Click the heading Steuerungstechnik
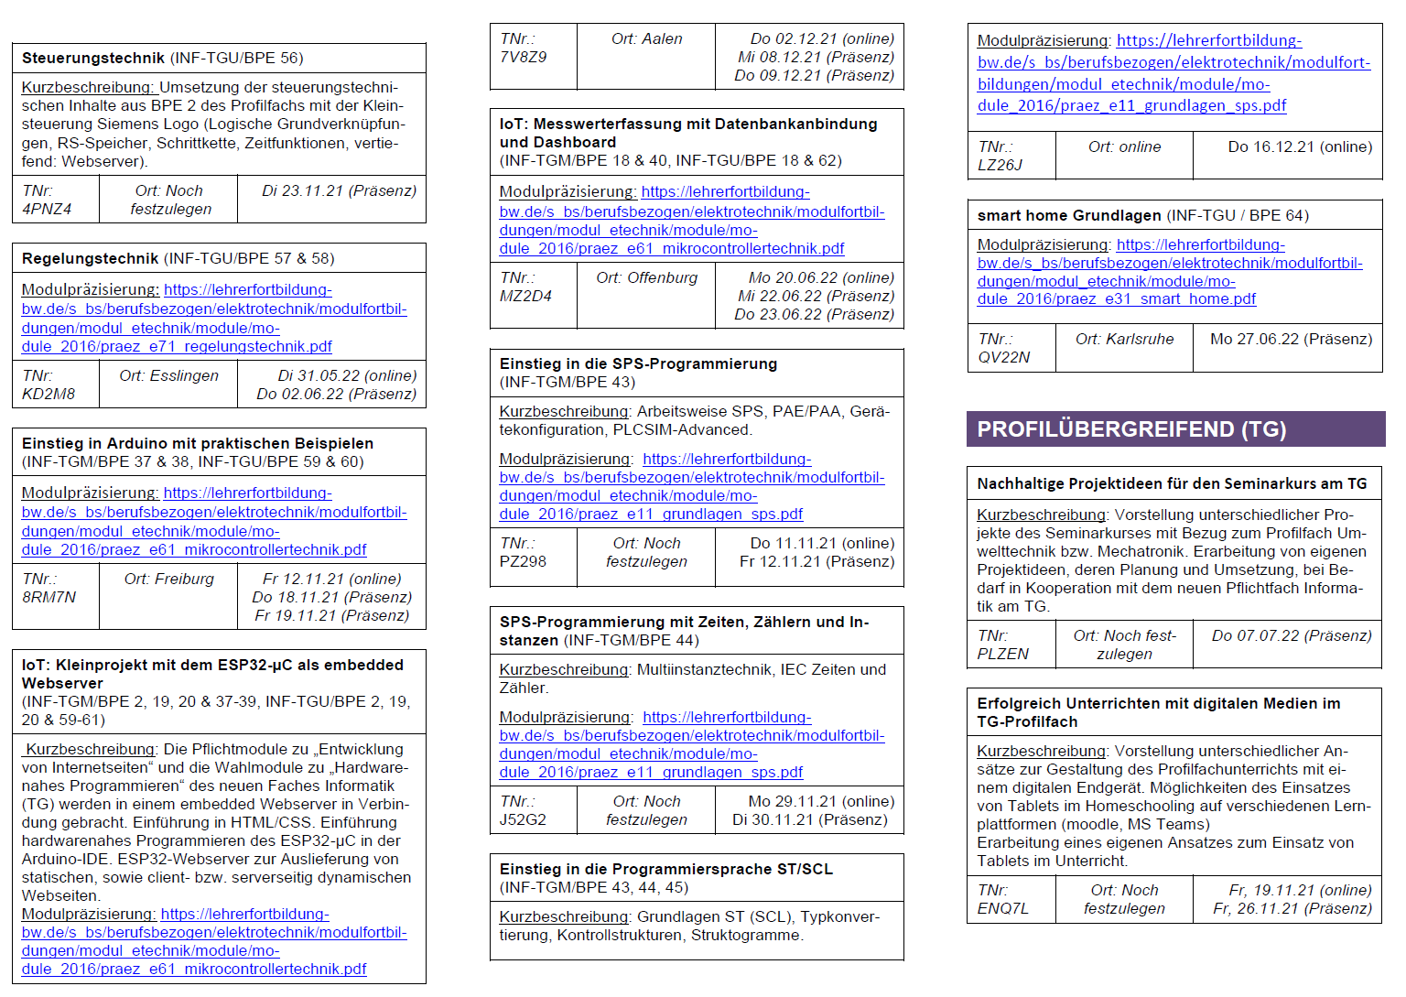tap(93, 59)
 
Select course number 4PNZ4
tap(47, 209)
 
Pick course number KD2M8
tap(49, 394)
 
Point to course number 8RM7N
tap(49, 597)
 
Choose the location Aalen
tap(662, 38)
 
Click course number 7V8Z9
tap(524, 57)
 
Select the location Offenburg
tap(665, 277)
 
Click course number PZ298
tap(523, 561)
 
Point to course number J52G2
tap(523, 819)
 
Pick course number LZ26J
tap(1000, 165)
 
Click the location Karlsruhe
tap(1141, 339)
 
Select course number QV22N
tap(1004, 357)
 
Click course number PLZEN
tap(1003, 654)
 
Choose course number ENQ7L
tap(1003, 908)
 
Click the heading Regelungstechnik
tap(91, 259)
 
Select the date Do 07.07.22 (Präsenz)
tap(1292, 635)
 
